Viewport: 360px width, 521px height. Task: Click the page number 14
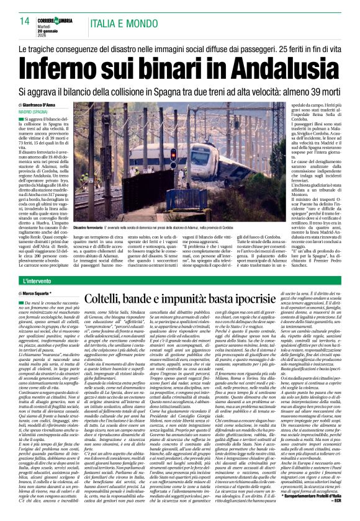(24, 21)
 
